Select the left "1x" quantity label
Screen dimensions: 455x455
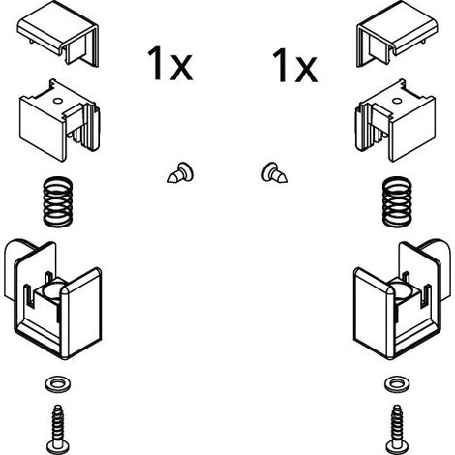point(169,64)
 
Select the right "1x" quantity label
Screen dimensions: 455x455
point(294,65)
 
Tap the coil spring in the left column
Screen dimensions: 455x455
point(58,201)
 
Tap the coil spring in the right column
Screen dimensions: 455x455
point(397,201)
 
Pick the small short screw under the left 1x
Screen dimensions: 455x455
point(181,173)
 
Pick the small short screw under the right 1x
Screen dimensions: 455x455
point(274,173)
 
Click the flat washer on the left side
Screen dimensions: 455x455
point(58,384)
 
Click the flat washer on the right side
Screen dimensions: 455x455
point(397,384)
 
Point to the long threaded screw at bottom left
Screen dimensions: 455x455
point(58,429)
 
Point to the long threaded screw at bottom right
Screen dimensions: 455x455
point(397,429)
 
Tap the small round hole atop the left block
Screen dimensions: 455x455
point(58,101)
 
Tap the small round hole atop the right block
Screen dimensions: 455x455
point(397,101)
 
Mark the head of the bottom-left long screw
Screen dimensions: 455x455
point(58,448)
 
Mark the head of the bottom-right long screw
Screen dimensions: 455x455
point(397,448)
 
